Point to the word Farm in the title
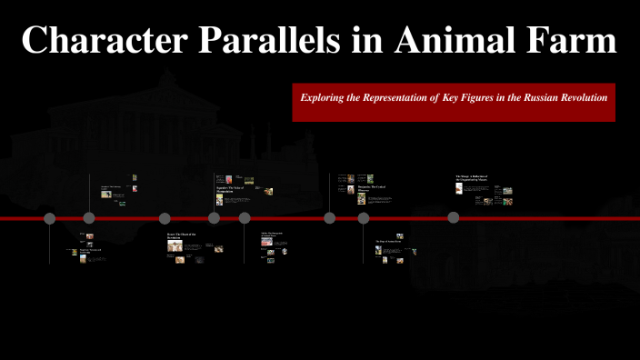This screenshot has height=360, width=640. (x=563, y=40)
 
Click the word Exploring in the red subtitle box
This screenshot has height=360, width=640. (x=326, y=95)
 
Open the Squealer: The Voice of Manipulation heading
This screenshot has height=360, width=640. (x=231, y=188)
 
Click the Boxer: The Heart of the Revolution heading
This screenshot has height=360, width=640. (x=181, y=236)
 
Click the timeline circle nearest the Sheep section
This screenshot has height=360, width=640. (x=453, y=217)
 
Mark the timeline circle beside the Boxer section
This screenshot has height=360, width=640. (x=165, y=218)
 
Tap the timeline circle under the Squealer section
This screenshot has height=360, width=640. (x=214, y=218)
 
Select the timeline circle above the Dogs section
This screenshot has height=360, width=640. (x=364, y=218)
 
